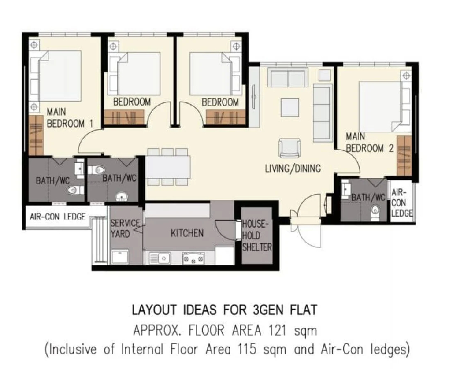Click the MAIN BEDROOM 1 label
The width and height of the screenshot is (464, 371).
[x=70, y=118]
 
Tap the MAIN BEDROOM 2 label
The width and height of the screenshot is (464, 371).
[x=370, y=142]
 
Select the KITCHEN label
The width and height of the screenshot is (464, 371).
[x=187, y=233]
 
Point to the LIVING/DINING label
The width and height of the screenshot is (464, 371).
[x=293, y=169]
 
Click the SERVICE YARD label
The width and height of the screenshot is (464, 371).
[x=125, y=229]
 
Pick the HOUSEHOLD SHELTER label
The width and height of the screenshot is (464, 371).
[x=257, y=236]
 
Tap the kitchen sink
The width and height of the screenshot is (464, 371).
[x=160, y=258]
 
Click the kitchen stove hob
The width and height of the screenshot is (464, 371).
[x=193, y=258]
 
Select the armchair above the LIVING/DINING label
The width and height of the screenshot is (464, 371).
[x=290, y=148]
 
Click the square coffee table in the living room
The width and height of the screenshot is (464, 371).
[x=290, y=108]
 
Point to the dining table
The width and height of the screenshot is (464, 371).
[x=168, y=167]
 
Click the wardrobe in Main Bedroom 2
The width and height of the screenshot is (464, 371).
[x=404, y=156]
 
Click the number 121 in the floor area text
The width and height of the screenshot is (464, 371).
[x=277, y=331]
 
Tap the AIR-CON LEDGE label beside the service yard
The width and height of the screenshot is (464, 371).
[x=58, y=217]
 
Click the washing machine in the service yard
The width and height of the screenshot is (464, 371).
[x=120, y=257]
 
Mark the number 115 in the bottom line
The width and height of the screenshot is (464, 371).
[x=247, y=349]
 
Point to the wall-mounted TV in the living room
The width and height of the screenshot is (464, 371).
[x=254, y=98]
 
